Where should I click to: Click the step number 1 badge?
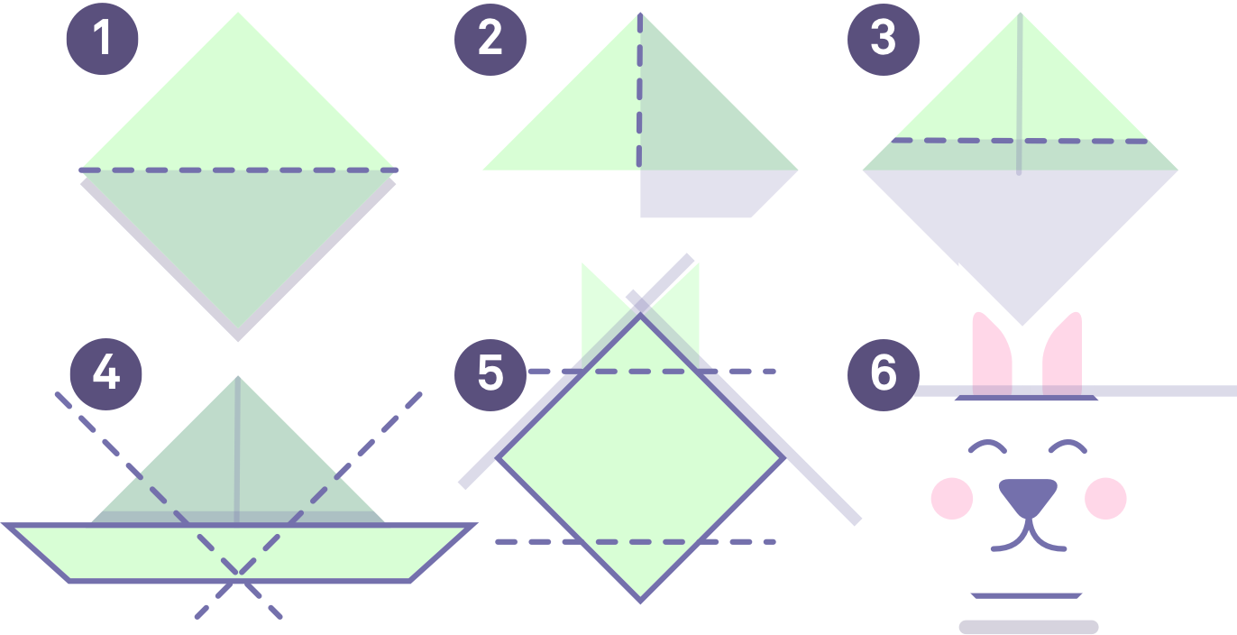(103, 39)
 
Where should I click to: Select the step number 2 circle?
(490, 39)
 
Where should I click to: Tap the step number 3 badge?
(884, 39)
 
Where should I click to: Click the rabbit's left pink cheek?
(951, 498)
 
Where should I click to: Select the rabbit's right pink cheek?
(1105, 498)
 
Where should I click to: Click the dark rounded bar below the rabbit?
(1028, 626)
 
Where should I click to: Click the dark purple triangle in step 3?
(1021, 225)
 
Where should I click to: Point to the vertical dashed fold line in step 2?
(640, 90)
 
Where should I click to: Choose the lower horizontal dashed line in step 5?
(636, 541)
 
